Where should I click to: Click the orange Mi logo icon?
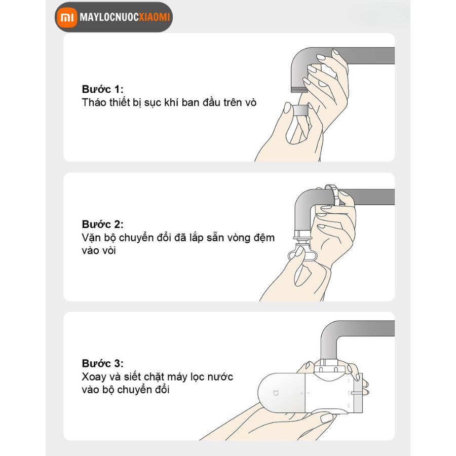(x=66, y=17)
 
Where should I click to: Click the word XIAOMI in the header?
(x=154, y=17)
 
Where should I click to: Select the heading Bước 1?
(x=103, y=89)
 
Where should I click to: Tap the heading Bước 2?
(x=103, y=224)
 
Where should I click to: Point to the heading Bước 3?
(x=103, y=363)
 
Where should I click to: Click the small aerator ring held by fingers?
(x=300, y=110)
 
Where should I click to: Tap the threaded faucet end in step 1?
(x=299, y=89)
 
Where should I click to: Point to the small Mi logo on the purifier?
(x=276, y=393)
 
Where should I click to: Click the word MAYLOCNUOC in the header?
(x=109, y=17)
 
